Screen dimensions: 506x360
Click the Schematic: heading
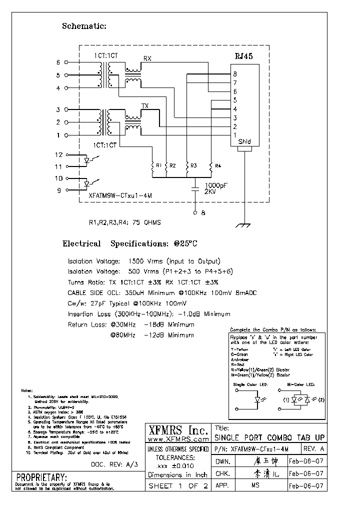point(84,26)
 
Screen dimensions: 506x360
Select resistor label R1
point(158,165)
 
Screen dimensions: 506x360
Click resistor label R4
point(218,165)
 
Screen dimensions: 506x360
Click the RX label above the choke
point(147,58)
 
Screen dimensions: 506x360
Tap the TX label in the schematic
point(145,106)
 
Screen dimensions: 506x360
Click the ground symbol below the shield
point(243,225)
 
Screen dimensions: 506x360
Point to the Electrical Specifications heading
point(129,244)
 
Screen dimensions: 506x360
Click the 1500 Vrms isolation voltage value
point(144,261)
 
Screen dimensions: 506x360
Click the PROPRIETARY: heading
point(41,476)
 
